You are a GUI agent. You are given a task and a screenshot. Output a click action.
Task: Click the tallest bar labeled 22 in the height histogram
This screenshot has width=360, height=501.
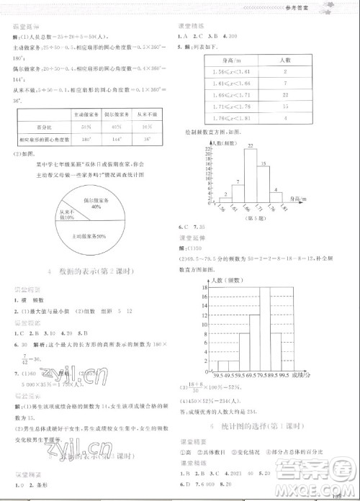[x=251, y=176]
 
